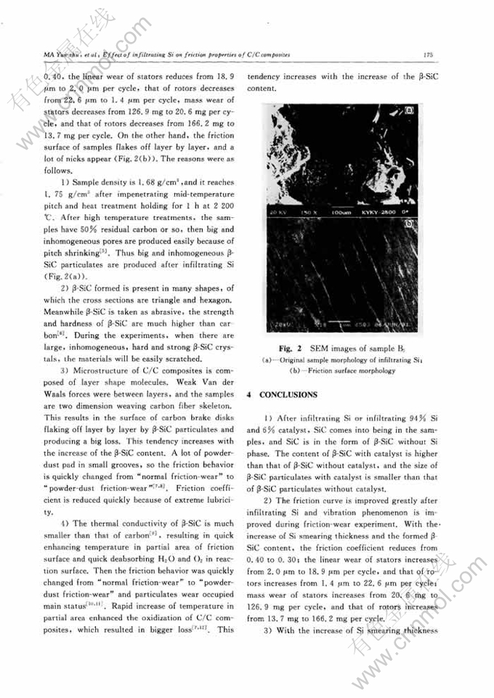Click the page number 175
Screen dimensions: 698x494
click(x=429, y=55)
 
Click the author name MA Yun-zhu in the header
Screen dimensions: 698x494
click(x=62, y=54)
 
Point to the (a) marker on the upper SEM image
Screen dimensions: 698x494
click(x=409, y=112)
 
